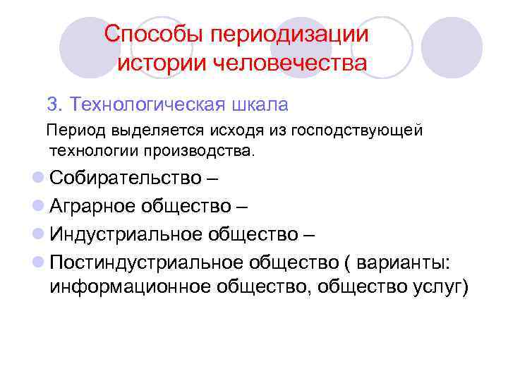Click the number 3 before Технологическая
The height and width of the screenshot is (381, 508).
52,105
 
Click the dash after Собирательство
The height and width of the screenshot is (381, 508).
212,177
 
